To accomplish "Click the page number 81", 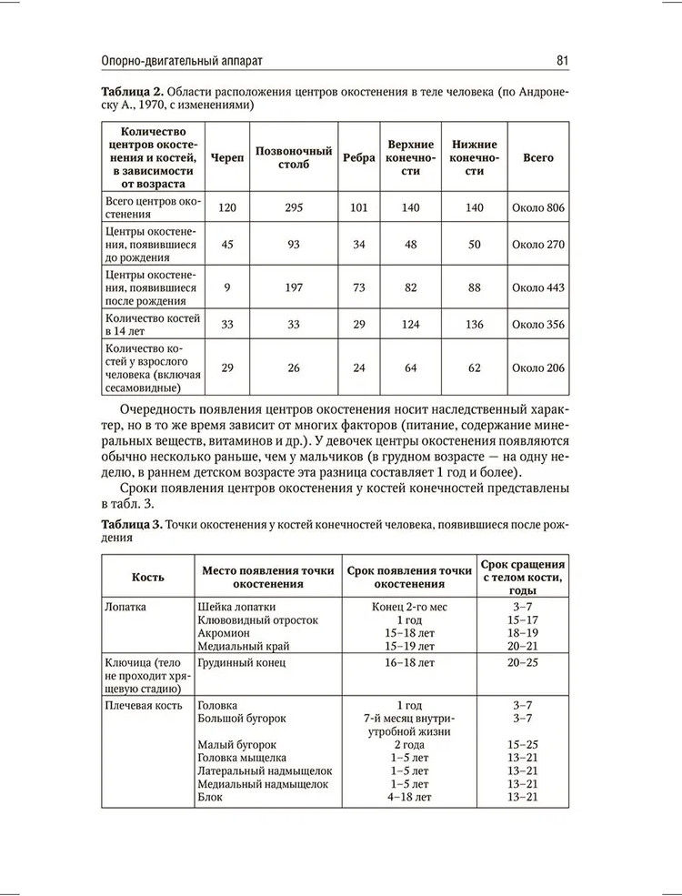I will pyautogui.click(x=561, y=61).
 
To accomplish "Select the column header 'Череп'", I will pyautogui.click(x=226, y=157).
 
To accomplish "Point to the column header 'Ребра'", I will pyautogui.click(x=359, y=157).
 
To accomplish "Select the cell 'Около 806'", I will pyautogui.click(x=538, y=207).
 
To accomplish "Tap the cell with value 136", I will pyautogui.click(x=474, y=325).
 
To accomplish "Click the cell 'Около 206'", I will pyautogui.click(x=538, y=367).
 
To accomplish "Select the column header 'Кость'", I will pyautogui.click(x=147, y=577).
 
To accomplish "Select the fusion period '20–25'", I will pyautogui.click(x=523, y=662).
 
